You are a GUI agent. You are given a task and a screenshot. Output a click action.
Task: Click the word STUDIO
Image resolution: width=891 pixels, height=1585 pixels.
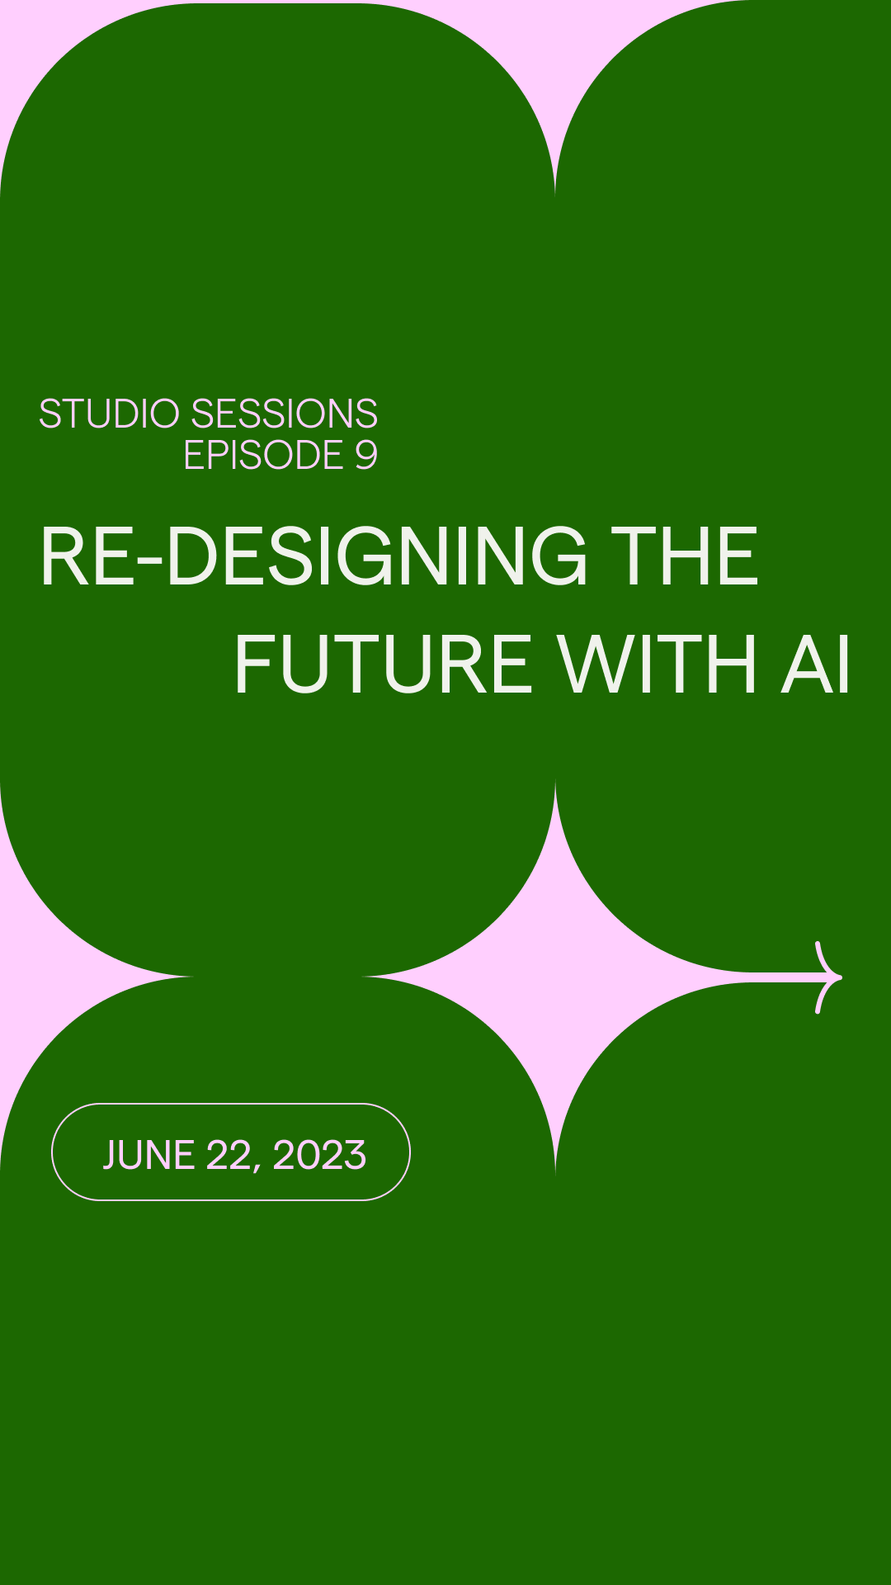pos(109,414)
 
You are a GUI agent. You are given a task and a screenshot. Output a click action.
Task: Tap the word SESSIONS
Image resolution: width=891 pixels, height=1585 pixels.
pos(285,414)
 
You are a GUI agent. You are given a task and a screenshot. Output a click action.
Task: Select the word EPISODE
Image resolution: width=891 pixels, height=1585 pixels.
pos(263,455)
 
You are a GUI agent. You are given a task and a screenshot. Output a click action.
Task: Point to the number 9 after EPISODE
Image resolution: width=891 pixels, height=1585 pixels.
pos(366,455)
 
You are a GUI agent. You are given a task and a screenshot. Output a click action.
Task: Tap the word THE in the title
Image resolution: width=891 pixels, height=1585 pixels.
pos(684,557)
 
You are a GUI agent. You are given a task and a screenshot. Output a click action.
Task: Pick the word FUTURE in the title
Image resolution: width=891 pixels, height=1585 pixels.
pos(384,665)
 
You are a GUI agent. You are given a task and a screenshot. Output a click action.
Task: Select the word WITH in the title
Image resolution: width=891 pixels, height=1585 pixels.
pos(657,665)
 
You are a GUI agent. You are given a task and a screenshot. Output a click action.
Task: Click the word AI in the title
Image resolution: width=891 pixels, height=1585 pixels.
pos(816,665)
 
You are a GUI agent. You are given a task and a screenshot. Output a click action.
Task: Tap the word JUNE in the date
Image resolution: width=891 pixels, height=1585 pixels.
pos(148,1154)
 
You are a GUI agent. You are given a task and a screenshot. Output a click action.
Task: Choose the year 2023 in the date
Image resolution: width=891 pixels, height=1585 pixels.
pos(319,1154)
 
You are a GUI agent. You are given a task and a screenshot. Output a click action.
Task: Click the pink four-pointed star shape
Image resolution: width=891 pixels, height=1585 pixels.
pos(555,977)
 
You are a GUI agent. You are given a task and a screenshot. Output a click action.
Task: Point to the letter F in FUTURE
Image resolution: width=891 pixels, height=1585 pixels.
pos(253,665)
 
